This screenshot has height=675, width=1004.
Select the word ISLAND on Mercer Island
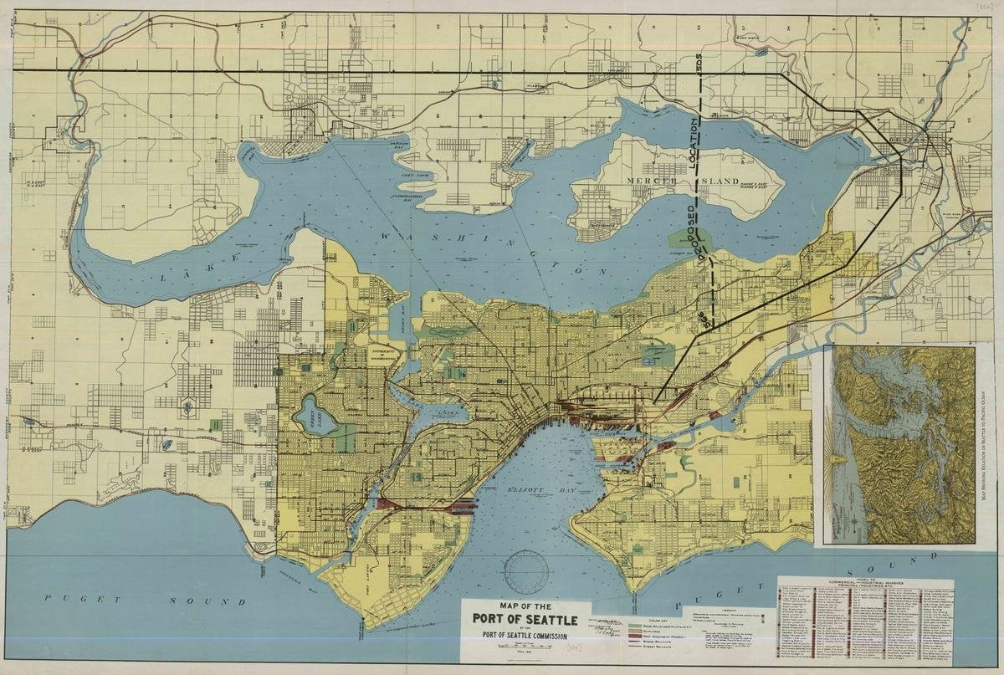(720, 181)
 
